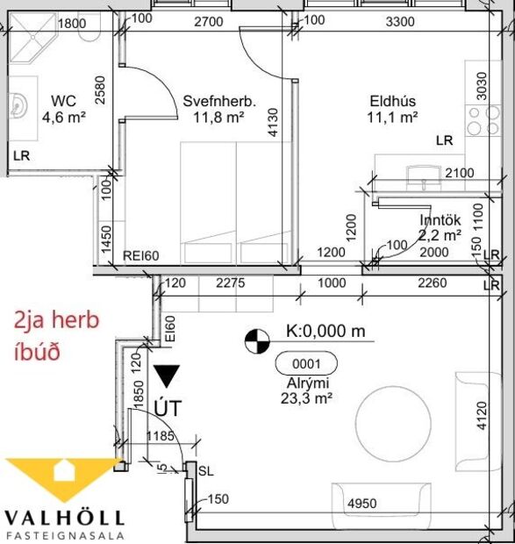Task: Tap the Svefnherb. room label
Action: coord(219,101)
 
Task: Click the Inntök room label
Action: coord(438,220)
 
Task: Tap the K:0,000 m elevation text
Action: coord(325,333)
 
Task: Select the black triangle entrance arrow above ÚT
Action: coord(168,376)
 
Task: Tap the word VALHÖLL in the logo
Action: coord(65,518)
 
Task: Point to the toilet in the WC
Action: coord(89,32)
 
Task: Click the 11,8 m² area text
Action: coord(218,116)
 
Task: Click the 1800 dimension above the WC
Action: coord(72,25)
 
